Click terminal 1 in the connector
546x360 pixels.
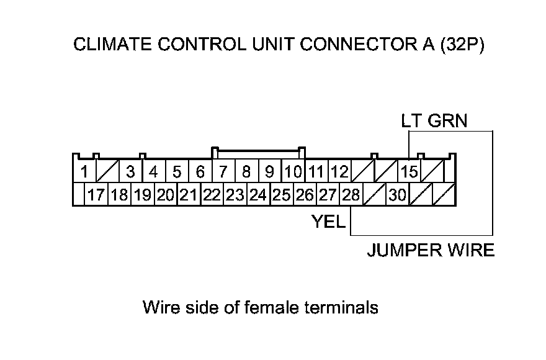[84, 171]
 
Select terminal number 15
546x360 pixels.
[409, 171]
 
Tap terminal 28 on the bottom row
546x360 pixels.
[351, 195]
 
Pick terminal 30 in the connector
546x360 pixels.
[397, 195]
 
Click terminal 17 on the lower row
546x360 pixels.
[96, 195]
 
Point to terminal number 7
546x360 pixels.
[223, 171]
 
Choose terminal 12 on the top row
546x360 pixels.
[339, 171]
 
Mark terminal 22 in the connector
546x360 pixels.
[212, 195]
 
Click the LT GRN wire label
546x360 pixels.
[434, 120]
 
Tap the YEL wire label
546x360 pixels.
[328, 221]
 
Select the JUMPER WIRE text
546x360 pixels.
[431, 250]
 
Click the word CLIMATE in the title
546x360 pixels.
[108, 45]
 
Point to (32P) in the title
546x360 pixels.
[461, 45]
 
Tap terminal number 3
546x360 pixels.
[130, 171]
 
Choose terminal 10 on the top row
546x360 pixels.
[293, 171]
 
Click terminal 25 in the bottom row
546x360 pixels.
[281, 195]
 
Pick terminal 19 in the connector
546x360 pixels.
[142, 195]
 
